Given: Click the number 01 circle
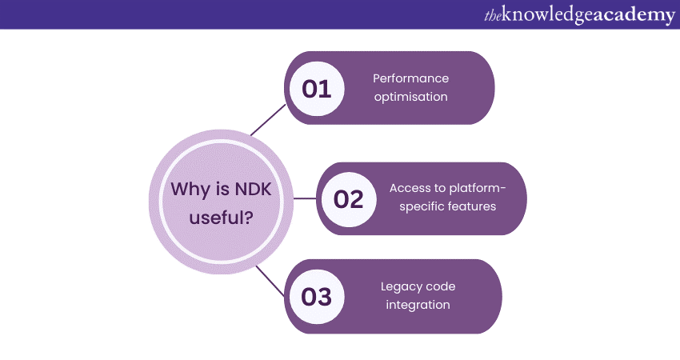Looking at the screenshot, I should click(317, 88).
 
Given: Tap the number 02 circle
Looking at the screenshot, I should click(349, 198).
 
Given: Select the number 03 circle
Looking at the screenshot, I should click(317, 297).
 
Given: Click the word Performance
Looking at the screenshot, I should click(410, 78).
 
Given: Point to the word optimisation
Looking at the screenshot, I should click(410, 97).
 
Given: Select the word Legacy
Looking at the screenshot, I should click(399, 287).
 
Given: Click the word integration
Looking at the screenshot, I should click(416, 305).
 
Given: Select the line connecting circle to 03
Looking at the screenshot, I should click(270, 281).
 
